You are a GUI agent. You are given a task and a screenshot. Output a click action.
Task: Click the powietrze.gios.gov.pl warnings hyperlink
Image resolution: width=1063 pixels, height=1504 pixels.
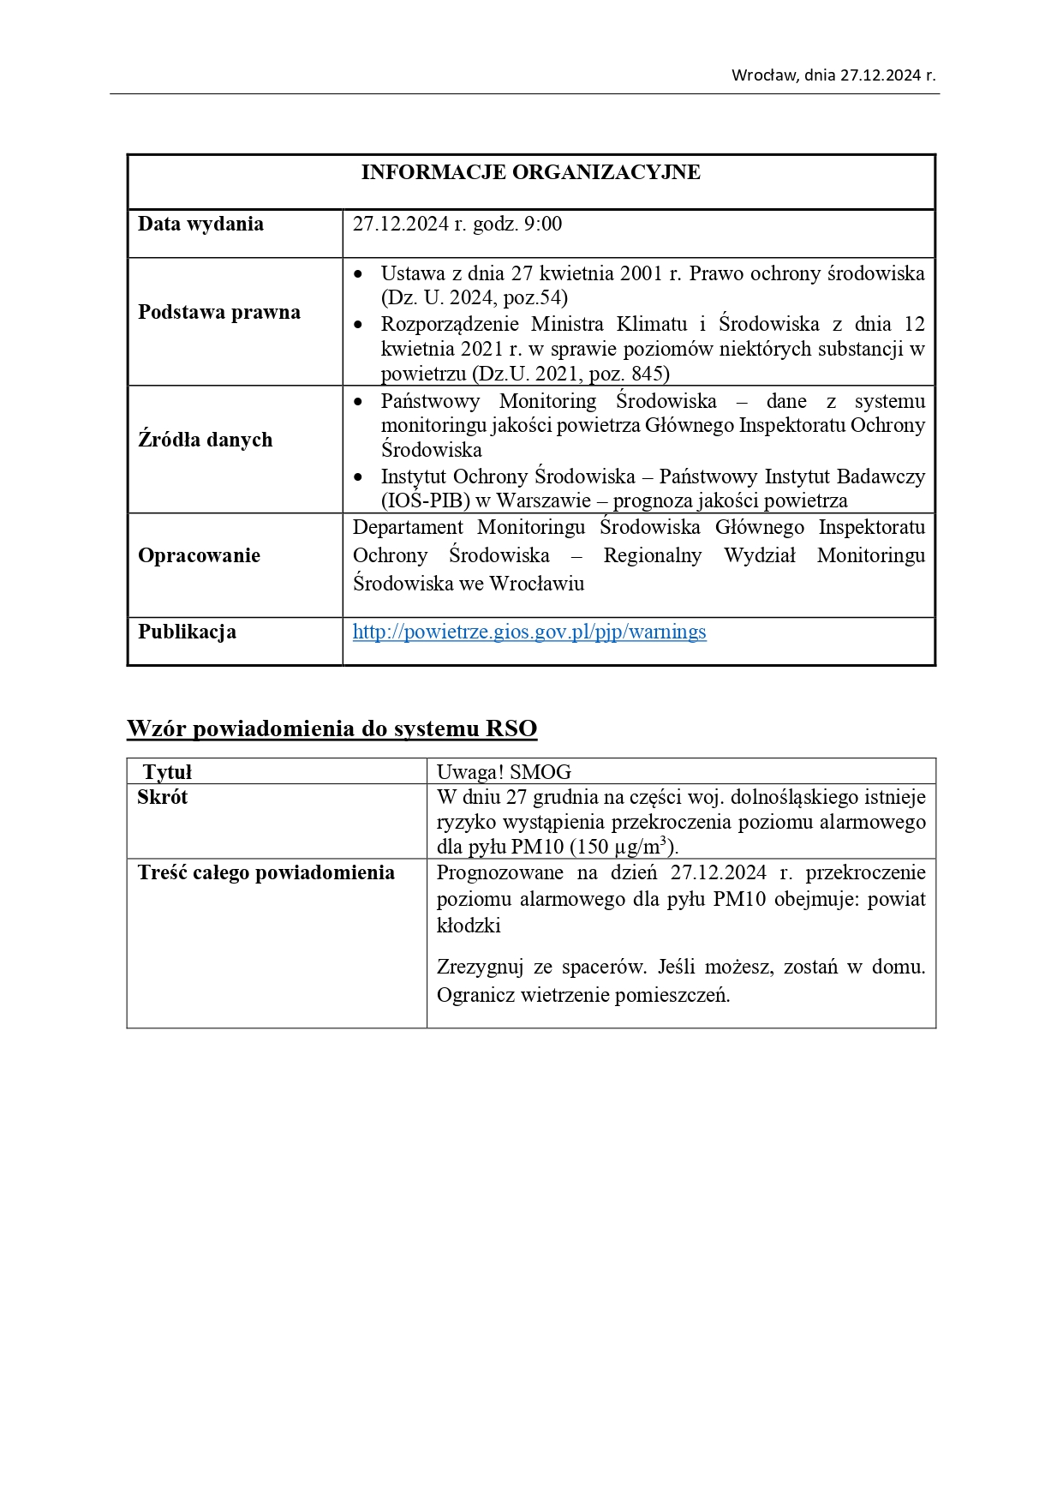pos(529,632)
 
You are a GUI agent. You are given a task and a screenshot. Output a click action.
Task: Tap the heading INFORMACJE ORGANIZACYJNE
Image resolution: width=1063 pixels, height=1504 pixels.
pos(530,172)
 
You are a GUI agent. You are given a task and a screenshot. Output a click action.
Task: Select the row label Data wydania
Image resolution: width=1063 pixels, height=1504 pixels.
pos(200,225)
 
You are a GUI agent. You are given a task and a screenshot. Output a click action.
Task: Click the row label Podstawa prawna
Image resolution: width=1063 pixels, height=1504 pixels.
pos(219,312)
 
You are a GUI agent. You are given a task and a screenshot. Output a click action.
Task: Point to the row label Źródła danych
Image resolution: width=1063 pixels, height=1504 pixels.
pos(206,440)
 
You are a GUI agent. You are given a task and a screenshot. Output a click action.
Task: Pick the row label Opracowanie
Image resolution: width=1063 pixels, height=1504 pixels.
pos(199,555)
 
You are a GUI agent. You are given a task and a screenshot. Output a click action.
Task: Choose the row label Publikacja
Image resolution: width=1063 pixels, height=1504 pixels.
pos(187,632)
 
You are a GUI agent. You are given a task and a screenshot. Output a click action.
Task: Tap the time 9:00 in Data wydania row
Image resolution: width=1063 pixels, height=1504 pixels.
pos(543,225)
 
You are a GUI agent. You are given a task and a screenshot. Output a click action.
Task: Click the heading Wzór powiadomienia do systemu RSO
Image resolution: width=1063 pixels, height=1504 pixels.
pos(331,728)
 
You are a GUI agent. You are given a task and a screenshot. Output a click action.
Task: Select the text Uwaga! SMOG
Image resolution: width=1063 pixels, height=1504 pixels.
pos(504,771)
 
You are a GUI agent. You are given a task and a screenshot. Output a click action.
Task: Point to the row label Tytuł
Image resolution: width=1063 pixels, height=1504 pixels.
pos(167,771)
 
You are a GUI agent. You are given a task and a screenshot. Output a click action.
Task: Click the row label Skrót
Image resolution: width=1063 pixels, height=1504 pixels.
pos(162,797)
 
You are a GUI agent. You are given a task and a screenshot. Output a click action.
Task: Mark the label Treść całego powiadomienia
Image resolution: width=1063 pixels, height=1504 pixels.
pos(266,872)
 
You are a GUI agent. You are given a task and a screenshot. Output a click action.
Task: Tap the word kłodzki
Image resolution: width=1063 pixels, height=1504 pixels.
pos(469,926)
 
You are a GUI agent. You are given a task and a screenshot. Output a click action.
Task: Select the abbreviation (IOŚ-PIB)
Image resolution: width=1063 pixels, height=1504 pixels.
pos(426,500)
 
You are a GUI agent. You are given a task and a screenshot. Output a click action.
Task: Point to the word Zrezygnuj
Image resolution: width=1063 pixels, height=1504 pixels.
pos(480,967)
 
